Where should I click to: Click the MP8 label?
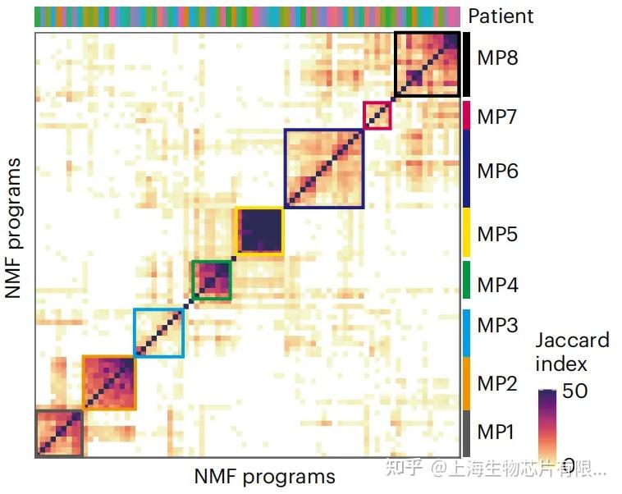tap(497, 57)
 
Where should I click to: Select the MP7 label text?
tap(497, 116)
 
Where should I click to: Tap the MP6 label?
tap(497, 171)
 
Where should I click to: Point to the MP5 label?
tap(497, 235)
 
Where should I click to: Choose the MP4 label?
tap(497, 285)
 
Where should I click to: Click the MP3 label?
tap(497, 325)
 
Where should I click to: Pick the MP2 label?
tap(497, 382)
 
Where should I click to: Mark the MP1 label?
tap(497, 432)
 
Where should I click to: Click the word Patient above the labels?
tap(501, 16)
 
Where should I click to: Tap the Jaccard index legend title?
tap(573, 351)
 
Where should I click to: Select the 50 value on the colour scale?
tap(575, 391)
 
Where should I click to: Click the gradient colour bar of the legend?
tap(547, 427)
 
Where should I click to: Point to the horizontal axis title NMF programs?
tap(265, 476)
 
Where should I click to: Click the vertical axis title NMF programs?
tap(13, 228)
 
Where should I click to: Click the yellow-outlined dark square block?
tap(259, 231)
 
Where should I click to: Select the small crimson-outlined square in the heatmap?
tap(377, 116)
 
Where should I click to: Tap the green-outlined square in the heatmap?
tap(211, 281)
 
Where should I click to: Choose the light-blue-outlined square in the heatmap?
tap(159, 333)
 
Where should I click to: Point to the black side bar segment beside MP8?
tap(465, 64)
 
